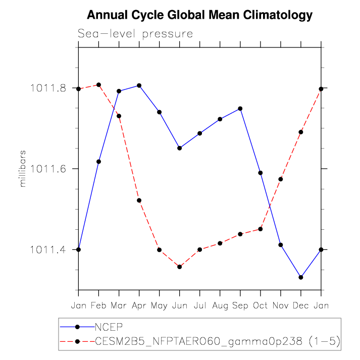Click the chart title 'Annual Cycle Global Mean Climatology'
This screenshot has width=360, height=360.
(x=199, y=16)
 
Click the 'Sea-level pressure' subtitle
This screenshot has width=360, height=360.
(x=135, y=34)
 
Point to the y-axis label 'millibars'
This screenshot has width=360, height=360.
(x=22, y=169)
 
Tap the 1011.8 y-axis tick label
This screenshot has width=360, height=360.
(x=48, y=89)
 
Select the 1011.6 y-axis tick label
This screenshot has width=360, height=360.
(x=48, y=169)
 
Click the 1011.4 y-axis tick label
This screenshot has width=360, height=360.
(x=48, y=250)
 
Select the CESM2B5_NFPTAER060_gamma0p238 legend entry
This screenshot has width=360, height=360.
(x=218, y=341)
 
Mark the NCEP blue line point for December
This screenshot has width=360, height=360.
(x=301, y=277)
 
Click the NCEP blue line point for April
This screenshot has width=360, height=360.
(x=139, y=85)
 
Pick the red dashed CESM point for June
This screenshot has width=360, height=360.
(x=179, y=267)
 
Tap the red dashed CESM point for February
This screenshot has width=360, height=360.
(x=98, y=85)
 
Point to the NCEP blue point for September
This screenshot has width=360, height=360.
(x=240, y=109)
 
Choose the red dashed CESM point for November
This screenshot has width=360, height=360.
(x=281, y=179)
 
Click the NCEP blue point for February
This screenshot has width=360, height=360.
(x=98, y=162)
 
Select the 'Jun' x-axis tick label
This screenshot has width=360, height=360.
(x=179, y=305)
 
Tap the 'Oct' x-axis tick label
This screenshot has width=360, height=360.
(x=261, y=305)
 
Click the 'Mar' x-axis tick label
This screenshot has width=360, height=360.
(x=119, y=305)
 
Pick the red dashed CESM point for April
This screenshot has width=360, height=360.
(x=139, y=200)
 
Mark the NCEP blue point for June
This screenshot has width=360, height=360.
(x=179, y=148)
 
